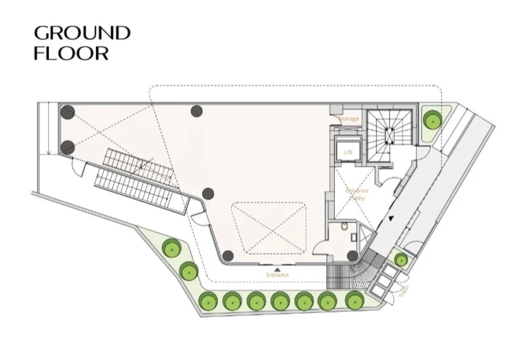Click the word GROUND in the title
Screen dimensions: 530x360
click(82, 32)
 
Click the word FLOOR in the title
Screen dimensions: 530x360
click(71, 53)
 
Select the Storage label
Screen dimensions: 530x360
click(350, 119)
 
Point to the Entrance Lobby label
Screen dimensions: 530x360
click(357, 194)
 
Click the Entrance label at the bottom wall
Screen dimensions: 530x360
click(277, 275)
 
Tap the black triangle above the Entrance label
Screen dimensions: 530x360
click(277, 268)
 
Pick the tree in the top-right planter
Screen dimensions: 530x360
click(433, 121)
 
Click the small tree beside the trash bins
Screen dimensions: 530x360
click(400, 259)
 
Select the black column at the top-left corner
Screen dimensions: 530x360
click(67, 112)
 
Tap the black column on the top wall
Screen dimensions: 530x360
click(197, 110)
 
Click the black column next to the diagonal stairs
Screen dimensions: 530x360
click(208, 194)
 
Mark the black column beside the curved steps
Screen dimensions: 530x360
click(353, 256)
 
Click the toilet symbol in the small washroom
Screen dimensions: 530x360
click(343, 228)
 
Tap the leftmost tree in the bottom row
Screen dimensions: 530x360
click(206, 301)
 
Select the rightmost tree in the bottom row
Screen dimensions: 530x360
click(353, 300)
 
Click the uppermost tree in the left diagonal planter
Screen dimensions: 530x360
click(170, 248)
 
